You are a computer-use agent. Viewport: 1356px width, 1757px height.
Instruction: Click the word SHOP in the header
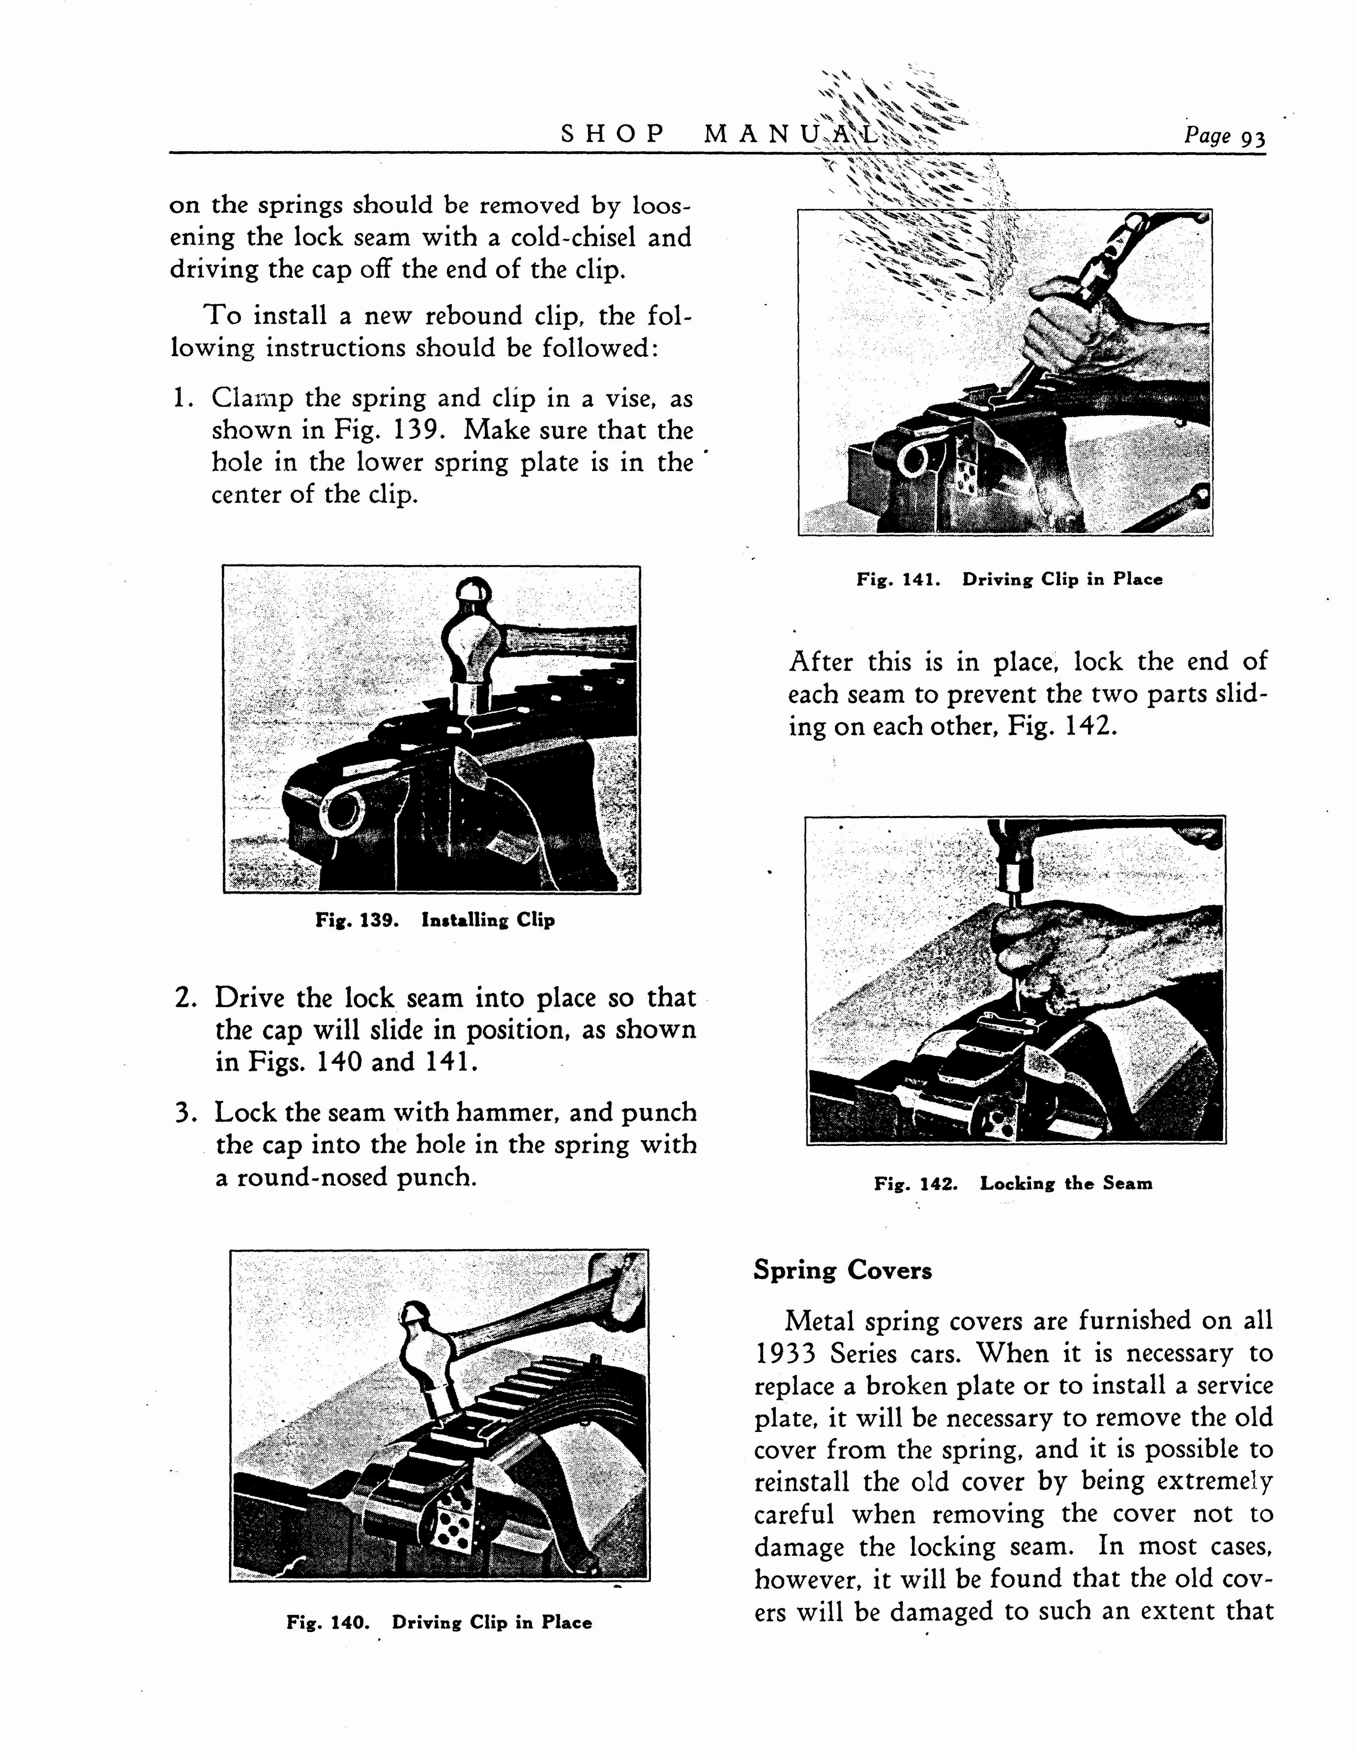coord(613,134)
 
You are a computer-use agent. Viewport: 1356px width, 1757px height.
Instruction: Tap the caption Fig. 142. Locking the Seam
coord(1012,1184)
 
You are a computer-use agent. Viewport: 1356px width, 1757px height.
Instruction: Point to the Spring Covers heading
coord(842,1271)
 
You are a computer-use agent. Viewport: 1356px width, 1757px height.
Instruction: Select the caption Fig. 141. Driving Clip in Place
coord(1009,579)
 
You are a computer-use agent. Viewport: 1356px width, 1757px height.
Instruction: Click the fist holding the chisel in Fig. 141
coord(1062,322)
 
